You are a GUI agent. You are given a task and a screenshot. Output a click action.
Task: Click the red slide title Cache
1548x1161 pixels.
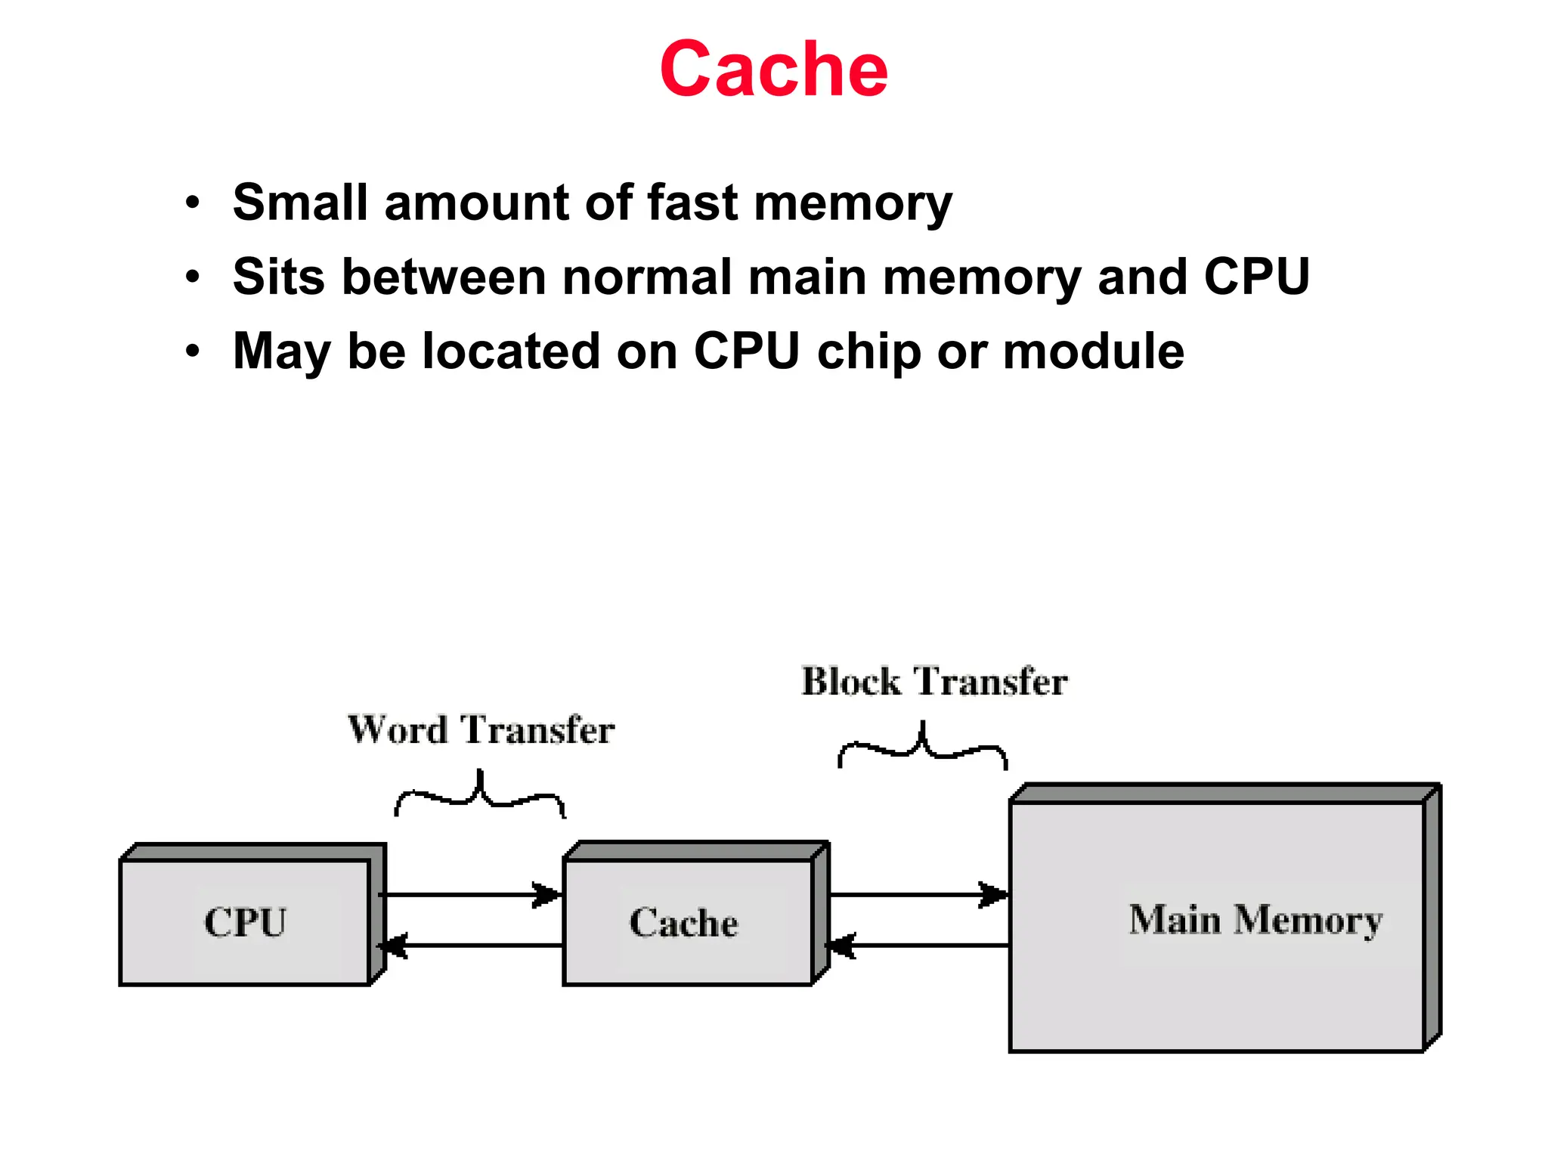pos(773,70)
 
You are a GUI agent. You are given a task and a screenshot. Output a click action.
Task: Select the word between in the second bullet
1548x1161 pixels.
pos(444,277)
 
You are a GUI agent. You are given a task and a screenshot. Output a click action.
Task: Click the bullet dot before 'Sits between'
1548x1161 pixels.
pos(193,277)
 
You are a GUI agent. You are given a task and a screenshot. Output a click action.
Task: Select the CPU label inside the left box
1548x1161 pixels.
pos(246,922)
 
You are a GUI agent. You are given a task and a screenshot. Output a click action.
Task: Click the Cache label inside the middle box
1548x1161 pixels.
pos(684,923)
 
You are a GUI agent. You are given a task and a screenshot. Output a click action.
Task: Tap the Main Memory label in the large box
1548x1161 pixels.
pos(1255,920)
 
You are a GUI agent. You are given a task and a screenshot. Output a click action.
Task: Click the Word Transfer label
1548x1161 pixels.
pos(481,730)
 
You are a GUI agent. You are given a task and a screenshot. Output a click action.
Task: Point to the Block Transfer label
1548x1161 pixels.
pos(934,681)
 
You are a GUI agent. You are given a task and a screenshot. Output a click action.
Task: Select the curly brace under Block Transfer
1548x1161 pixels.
pos(922,748)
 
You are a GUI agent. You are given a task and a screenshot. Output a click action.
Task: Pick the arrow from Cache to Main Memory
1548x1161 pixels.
pos(918,895)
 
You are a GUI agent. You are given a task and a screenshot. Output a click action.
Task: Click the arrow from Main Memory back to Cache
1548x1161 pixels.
pos(918,946)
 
